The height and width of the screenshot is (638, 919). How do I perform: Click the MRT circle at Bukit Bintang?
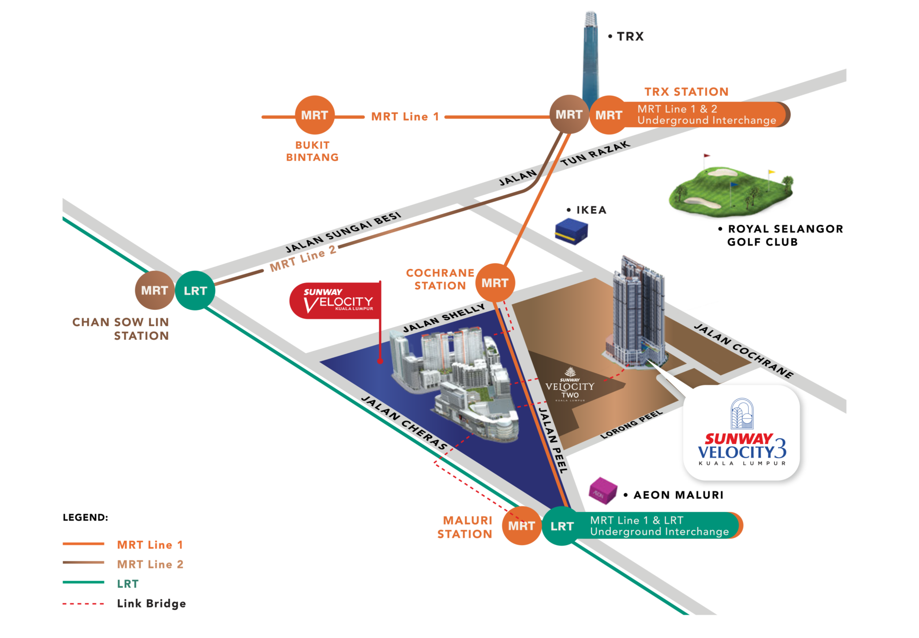click(314, 115)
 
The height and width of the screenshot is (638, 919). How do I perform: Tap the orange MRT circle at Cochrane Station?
click(495, 283)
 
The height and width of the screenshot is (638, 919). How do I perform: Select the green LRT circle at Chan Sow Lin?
click(195, 291)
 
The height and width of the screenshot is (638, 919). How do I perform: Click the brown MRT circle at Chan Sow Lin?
click(154, 291)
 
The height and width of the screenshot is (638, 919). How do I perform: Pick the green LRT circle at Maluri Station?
click(562, 526)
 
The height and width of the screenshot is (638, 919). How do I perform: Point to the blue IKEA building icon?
click(571, 231)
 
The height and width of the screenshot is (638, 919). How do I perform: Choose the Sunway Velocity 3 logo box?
click(742, 433)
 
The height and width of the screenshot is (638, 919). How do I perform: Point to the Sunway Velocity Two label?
click(570, 387)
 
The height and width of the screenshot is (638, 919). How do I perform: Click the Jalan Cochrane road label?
click(744, 351)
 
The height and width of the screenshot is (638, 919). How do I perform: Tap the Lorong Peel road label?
click(631, 424)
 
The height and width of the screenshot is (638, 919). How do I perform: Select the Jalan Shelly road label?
click(444, 318)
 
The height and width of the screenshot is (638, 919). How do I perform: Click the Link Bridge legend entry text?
click(151, 604)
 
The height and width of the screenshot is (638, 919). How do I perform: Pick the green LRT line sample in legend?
click(83, 582)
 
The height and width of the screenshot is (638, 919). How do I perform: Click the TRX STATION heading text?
click(686, 91)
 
